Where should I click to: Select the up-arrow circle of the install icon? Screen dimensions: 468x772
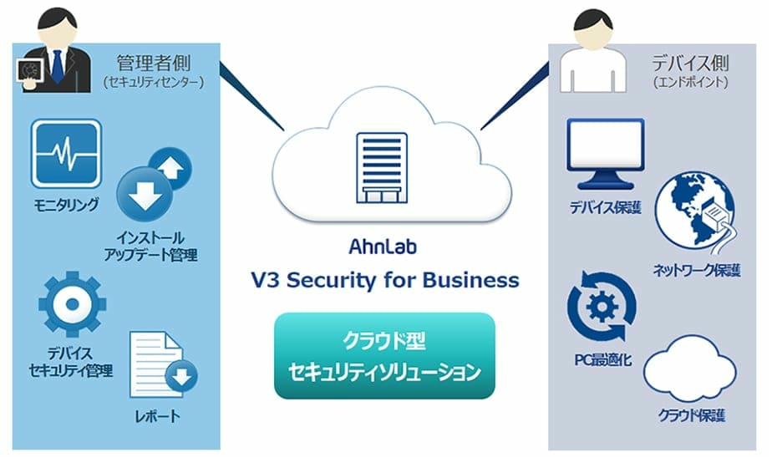173,168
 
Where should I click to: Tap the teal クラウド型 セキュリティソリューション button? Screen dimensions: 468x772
384,355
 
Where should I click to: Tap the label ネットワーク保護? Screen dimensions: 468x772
694,269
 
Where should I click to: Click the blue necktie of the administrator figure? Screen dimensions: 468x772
57,66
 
